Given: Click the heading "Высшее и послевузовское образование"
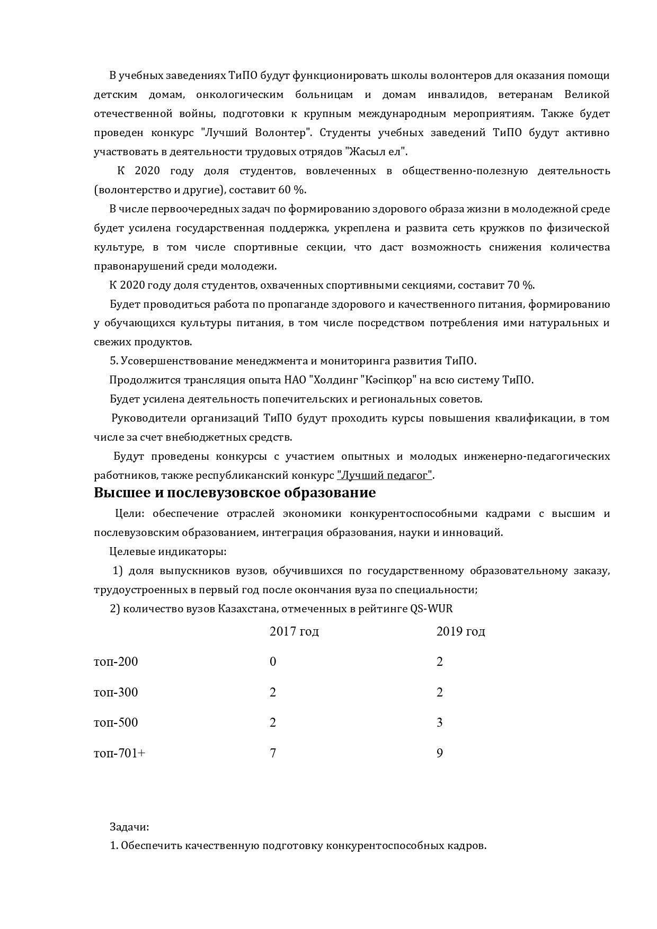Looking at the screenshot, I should [x=235, y=493].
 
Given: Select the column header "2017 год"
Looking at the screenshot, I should [x=294, y=631].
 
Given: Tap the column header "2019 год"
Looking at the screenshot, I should [x=460, y=631].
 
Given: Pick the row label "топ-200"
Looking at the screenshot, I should [x=116, y=662].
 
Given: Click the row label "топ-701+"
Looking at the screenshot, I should [x=119, y=753].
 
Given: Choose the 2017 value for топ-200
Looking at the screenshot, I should [x=273, y=662].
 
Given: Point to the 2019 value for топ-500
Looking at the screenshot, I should [x=439, y=722].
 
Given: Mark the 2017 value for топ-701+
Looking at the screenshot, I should [x=273, y=753].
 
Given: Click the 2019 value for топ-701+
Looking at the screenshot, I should [x=439, y=753].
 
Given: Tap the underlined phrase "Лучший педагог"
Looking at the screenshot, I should [x=385, y=475].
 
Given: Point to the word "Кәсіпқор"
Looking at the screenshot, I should [x=390, y=380].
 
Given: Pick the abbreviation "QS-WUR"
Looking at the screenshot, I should [x=431, y=609].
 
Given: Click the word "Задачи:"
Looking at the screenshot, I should [x=129, y=826].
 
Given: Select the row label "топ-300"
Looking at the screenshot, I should [x=116, y=692].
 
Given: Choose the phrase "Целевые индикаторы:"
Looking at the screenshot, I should [x=168, y=551].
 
